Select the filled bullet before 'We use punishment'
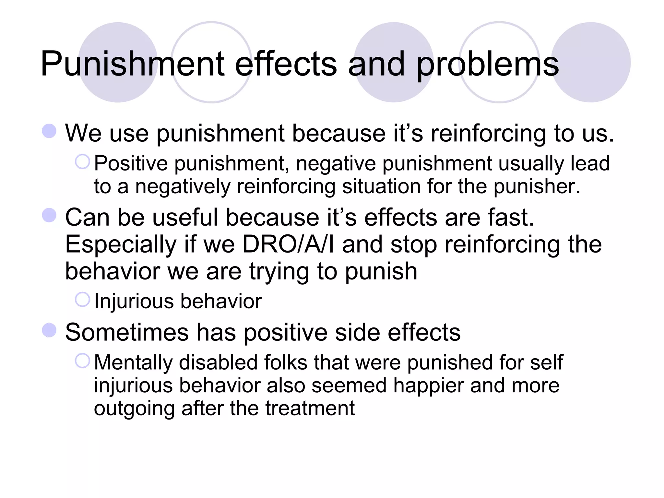pyautogui.click(x=49, y=131)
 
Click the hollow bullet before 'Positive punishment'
pyautogui.click(x=82, y=161)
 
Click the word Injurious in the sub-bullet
pyautogui.click(x=134, y=302)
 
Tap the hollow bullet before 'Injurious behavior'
pyautogui.click(x=82, y=300)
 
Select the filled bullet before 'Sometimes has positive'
pyautogui.click(x=49, y=330)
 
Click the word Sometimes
pyautogui.click(x=127, y=332)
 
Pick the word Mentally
pyautogui.click(x=133, y=362)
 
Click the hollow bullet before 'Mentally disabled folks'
pyautogui.click(x=82, y=361)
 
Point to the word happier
pyautogui.click(x=428, y=386)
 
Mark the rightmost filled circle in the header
pyautogui.click(x=591, y=62)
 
